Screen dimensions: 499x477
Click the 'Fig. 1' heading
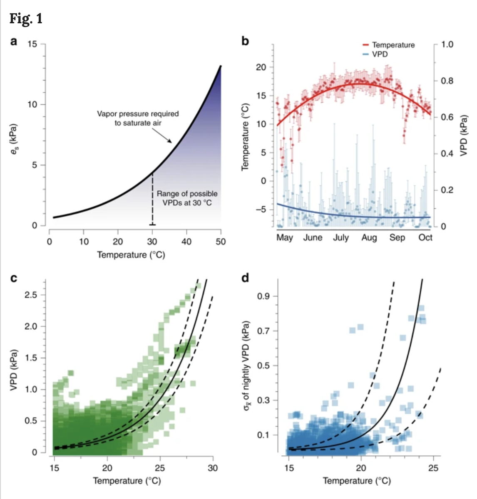[x=26, y=19]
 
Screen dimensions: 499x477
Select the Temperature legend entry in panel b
[x=393, y=45]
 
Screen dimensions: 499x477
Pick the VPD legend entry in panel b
[x=380, y=54]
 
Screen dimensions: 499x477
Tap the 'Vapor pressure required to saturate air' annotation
[x=138, y=118]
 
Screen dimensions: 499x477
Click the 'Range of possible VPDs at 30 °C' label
[x=187, y=198]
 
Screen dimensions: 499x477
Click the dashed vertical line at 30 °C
[x=152, y=200]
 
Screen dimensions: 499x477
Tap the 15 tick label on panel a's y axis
[x=32, y=44]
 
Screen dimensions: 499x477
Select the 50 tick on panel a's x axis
[x=221, y=242]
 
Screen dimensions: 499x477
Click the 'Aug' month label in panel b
[x=369, y=237]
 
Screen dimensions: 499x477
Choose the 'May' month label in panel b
[x=285, y=237]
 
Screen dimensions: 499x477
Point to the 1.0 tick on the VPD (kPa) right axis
[x=447, y=44]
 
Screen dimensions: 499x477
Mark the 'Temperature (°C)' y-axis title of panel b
[x=245, y=136]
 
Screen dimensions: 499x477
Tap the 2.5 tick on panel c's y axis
[x=30, y=295]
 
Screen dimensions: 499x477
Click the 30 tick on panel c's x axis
[x=213, y=468]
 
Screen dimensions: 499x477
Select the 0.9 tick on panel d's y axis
[x=263, y=296]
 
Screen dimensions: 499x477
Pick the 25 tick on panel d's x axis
[x=433, y=468]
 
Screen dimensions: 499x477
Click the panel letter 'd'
[x=245, y=277]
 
